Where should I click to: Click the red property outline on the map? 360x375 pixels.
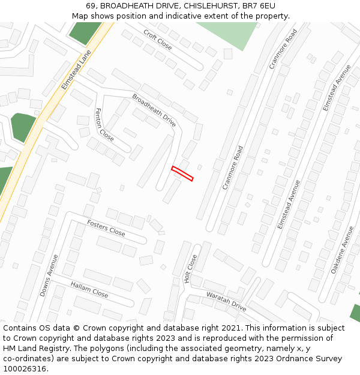(182, 173)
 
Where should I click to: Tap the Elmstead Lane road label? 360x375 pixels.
(76, 70)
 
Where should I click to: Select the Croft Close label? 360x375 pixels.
(158, 40)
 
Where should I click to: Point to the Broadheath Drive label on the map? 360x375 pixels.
(154, 110)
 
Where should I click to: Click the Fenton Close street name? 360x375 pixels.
(104, 124)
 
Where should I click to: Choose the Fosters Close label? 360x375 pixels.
(106, 228)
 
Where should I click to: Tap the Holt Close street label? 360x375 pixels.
(191, 269)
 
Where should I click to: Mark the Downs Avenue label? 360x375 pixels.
(49, 275)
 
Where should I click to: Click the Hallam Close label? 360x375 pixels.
(89, 290)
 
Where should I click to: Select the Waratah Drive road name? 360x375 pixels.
(226, 301)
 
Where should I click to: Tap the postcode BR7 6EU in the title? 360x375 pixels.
(259, 6)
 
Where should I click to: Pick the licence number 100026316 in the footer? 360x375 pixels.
(25, 369)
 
